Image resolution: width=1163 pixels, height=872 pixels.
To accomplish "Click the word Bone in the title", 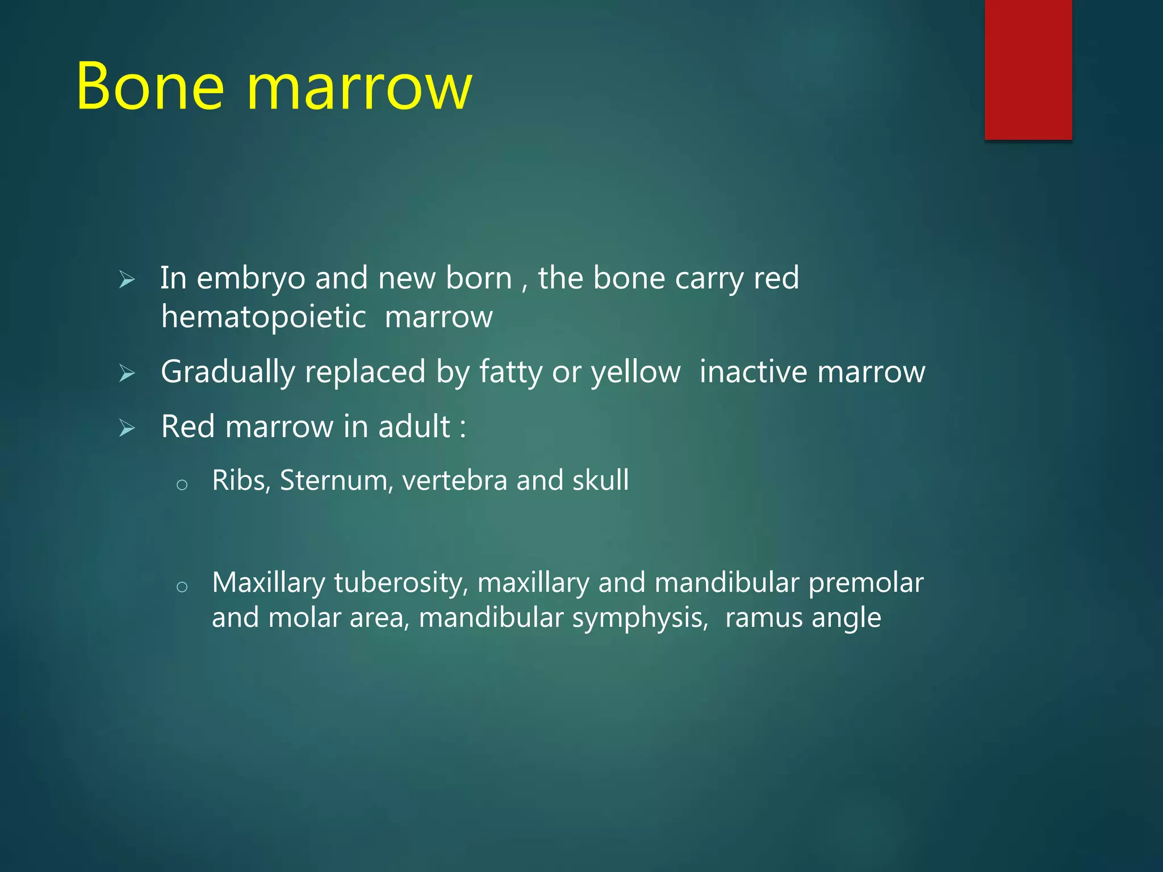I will coord(150,86).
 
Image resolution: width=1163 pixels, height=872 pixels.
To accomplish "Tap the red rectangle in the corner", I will coord(1028,69).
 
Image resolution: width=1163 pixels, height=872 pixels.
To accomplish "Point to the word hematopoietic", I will coord(263,317).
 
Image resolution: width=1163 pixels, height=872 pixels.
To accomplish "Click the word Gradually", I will coord(228,372).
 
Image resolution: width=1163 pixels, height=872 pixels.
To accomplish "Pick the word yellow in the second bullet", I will coord(635,373).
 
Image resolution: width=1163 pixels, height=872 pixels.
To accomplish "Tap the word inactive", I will coord(753,372).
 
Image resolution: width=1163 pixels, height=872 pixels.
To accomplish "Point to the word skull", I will coord(600,480).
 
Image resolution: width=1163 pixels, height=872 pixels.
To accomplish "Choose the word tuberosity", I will coord(401,584).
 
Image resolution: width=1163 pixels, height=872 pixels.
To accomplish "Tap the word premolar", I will coord(865,584).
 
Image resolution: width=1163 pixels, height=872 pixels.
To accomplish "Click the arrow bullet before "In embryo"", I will coord(127,280).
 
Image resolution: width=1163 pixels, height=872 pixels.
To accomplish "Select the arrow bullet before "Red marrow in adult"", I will coord(127,429).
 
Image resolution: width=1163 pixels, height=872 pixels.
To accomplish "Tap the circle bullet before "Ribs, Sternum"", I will coord(182,485).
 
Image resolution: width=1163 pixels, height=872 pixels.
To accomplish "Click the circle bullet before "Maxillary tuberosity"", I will coord(182,587).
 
